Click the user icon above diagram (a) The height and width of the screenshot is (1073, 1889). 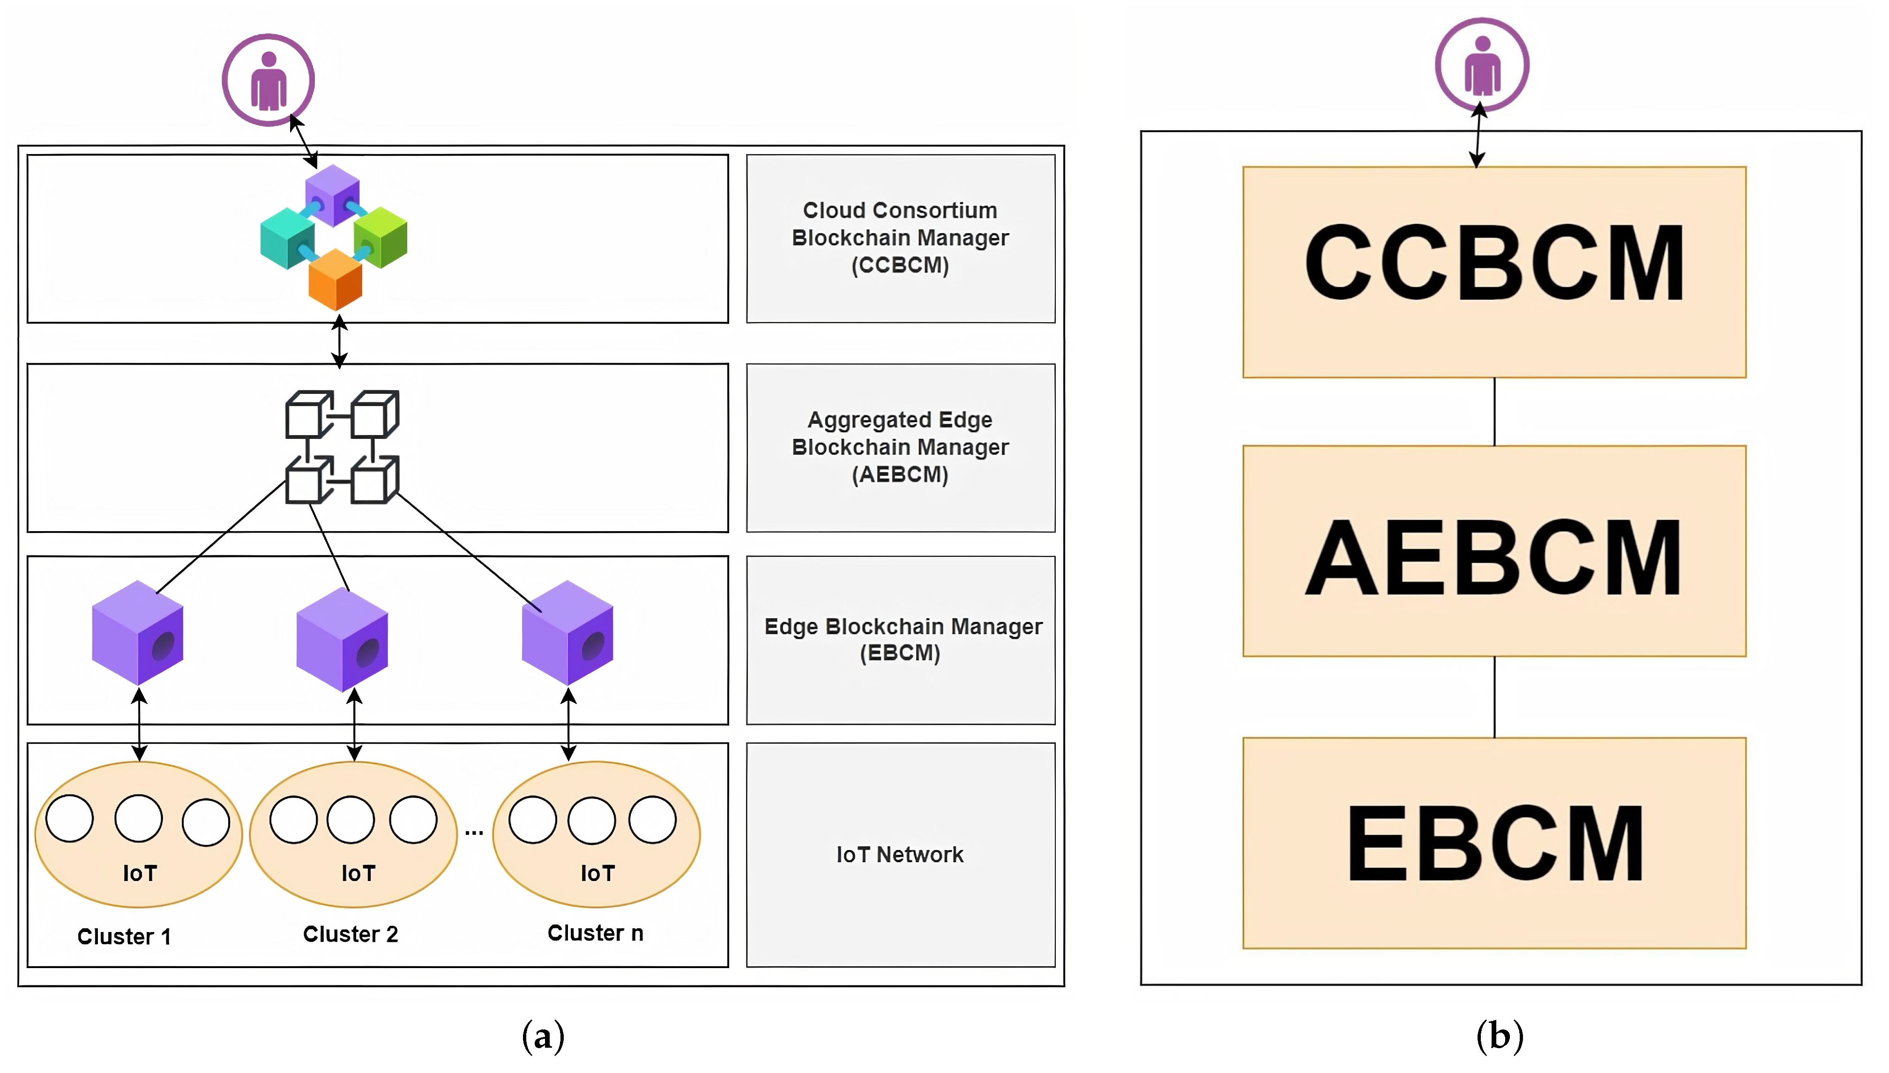[269, 80]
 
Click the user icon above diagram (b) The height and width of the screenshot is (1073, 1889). [1481, 65]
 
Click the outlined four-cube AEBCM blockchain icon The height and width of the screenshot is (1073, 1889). [342, 447]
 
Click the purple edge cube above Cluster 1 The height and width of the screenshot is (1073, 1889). [137, 633]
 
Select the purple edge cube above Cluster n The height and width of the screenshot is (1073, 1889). [567, 633]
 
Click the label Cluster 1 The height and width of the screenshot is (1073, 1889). [124, 937]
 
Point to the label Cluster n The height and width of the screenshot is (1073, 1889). [595, 933]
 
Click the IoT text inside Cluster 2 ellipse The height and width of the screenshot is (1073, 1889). [358, 874]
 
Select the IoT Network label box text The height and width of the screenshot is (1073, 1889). [900, 855]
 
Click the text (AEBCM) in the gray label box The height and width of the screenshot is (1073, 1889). [900, 474]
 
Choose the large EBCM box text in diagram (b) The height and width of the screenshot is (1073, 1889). [1494, 844]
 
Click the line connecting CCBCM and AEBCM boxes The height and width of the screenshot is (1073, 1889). [1494, 411]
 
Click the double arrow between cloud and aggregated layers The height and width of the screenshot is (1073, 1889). [339, 342]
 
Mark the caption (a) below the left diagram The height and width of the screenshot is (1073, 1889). [544, 1036]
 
